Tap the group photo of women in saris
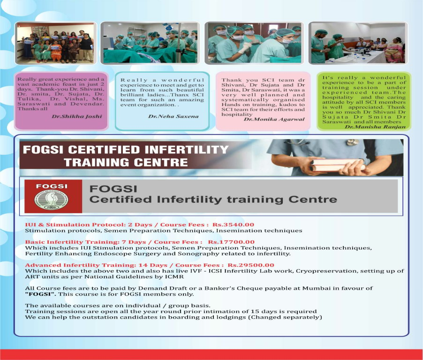pos(55,43)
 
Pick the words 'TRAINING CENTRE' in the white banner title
pos(126,163)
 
